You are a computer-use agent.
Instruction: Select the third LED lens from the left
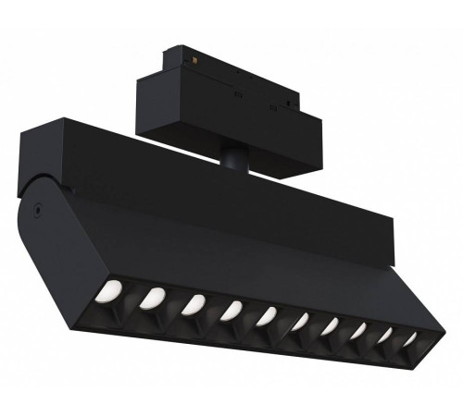click(x=194, y=304)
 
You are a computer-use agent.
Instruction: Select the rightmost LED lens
click(x=407, y=345)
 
